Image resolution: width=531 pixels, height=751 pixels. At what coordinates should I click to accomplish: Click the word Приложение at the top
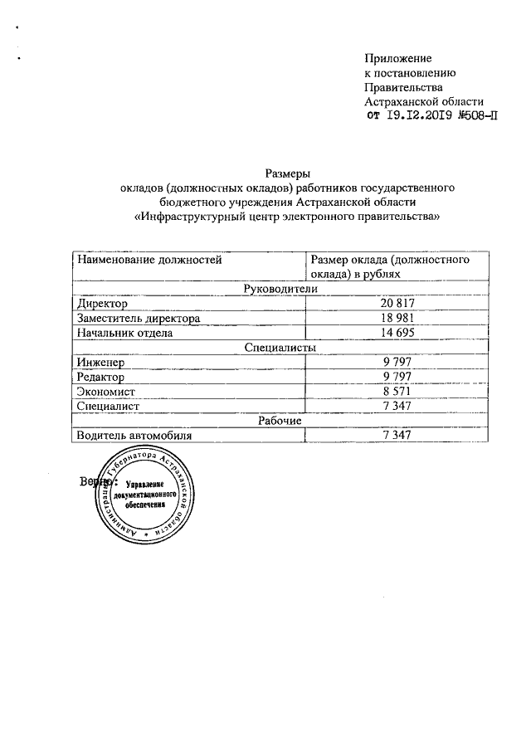pos(399,57)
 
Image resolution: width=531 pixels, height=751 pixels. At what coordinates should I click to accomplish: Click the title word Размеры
pos(286,173)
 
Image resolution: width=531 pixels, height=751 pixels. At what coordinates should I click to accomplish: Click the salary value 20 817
pos(397,303)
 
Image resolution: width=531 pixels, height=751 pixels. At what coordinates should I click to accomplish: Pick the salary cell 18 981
pos(397,318)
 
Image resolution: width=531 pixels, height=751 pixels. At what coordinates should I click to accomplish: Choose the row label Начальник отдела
pos(124,333)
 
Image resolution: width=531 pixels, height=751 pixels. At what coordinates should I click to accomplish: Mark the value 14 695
pos(397,333)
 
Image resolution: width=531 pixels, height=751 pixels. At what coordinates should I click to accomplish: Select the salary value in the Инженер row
pos(397,363)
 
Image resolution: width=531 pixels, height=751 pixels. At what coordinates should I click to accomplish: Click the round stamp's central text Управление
pos(146,485)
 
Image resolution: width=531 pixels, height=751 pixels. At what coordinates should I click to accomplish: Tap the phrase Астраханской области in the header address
pos(424,101)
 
